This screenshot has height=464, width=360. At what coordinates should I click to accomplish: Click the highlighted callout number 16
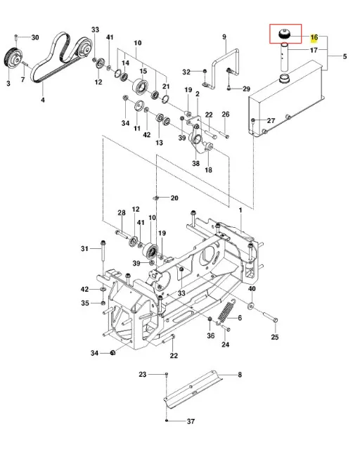point(314,37)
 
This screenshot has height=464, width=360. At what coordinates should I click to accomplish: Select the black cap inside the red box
point(285,33)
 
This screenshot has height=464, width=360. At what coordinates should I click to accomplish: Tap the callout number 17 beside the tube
point(314,50)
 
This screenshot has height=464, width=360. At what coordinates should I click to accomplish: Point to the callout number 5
point(345,56)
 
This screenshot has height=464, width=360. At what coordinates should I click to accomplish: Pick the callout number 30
point(35,37)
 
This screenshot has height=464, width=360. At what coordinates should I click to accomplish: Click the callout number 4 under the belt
point(43,100)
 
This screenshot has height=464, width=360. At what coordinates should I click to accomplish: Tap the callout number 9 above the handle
point(224,37)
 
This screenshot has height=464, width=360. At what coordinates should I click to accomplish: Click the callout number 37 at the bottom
point(191,421)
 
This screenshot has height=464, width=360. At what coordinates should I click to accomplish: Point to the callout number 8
point(240,375)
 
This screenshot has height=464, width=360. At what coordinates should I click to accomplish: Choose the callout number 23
point(143,374)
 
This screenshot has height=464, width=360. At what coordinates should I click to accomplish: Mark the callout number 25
point(275,337)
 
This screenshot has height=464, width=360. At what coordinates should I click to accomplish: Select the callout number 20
point(174,198)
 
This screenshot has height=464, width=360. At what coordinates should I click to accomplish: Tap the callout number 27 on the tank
point(271,120)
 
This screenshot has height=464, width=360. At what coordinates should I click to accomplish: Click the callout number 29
point(246,89)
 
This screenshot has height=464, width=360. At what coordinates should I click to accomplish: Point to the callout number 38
point(195,163)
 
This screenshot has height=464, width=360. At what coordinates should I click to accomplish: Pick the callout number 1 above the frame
point(240,210)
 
